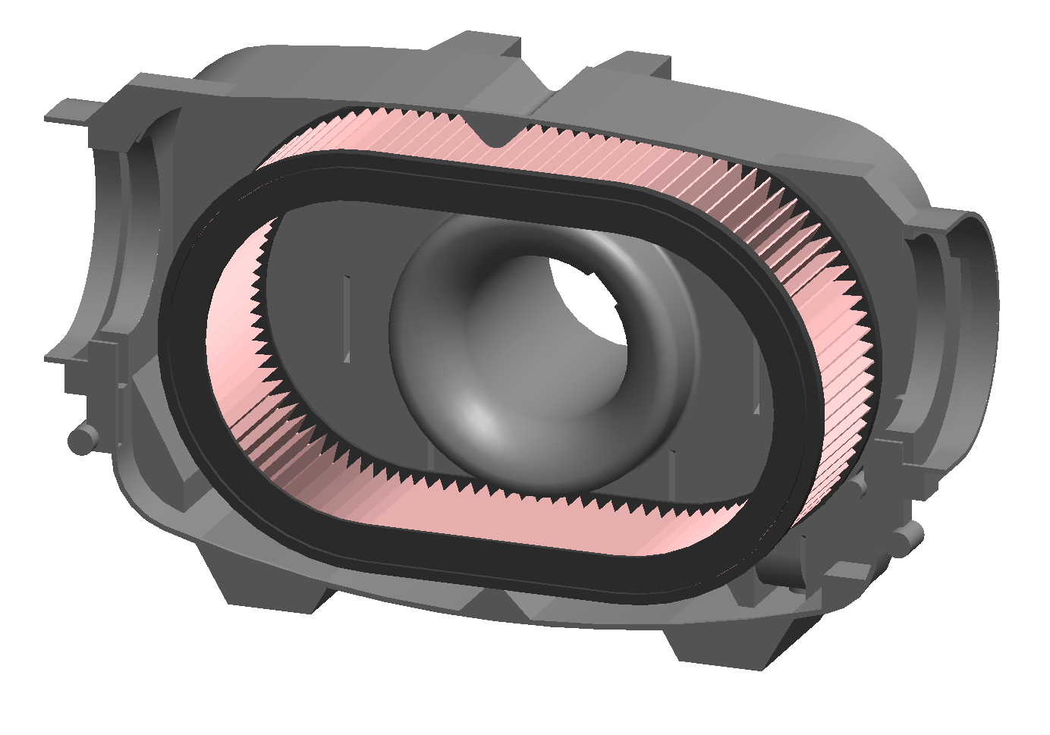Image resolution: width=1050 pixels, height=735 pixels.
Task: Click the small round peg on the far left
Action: (x=80, y=438)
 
